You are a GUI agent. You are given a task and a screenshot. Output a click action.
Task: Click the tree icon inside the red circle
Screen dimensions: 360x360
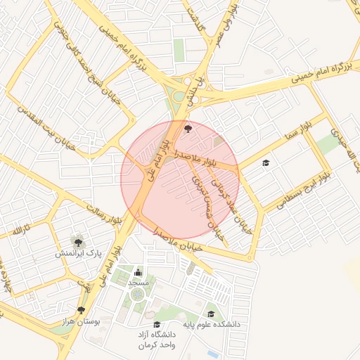click(188, 129)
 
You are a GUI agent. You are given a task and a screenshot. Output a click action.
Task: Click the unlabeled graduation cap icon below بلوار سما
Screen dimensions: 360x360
click(266, 163)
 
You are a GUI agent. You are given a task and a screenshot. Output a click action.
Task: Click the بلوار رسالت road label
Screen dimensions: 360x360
click(103, 214)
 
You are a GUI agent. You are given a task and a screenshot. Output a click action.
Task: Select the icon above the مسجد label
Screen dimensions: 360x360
click(138, 273)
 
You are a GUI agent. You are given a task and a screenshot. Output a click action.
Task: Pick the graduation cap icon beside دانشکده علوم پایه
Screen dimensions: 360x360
click(211, 314)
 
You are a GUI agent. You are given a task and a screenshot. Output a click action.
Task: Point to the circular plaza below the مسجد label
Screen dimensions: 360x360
click(135, 295)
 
